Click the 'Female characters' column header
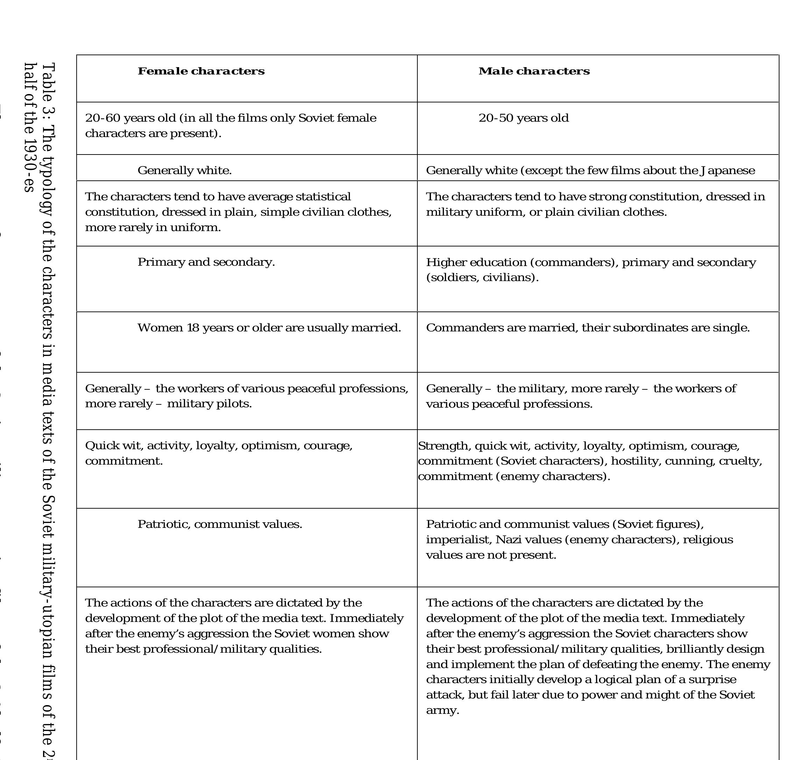pos(201,71)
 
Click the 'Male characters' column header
pos(534,71)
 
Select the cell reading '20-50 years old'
pos(523,118)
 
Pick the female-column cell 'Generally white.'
pos(184,171)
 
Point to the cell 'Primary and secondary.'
pos(206,262)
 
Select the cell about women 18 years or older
pos(269,328)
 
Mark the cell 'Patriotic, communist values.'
pos(220,524)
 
